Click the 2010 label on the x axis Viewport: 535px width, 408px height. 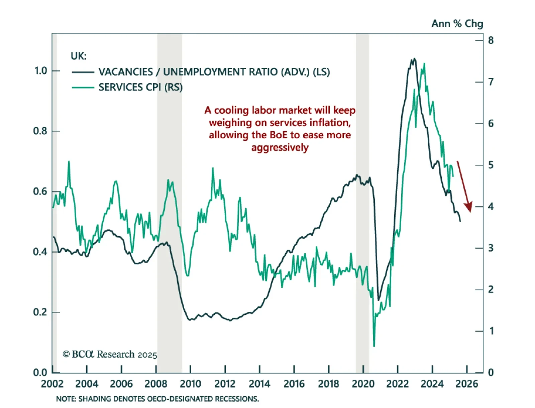point(190,384)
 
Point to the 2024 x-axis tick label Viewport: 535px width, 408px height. point(432,384)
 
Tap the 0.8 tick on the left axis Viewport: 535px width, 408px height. point(40,131)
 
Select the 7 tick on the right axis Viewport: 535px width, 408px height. point(491,82)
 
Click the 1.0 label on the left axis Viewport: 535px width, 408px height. point(41,71)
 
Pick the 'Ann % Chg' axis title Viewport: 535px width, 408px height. point(457,23)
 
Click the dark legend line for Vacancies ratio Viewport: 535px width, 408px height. point(83,72)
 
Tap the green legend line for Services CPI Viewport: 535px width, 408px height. point(83,87)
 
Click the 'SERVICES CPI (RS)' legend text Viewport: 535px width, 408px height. point(140,87)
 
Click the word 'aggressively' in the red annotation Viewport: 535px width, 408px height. point(280,147)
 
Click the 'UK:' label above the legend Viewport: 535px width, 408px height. point(79,56)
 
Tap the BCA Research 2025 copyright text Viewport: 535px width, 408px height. point(110,354)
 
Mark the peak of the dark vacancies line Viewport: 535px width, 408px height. point(415,59)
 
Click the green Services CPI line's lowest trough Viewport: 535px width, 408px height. point(374,346)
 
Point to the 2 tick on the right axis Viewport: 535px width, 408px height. point(491,289)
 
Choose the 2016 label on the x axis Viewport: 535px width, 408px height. point(294,384)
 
